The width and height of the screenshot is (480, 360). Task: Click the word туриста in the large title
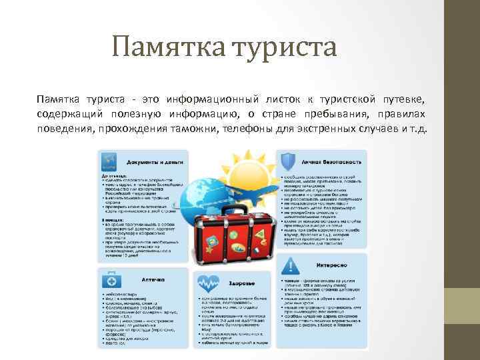283,47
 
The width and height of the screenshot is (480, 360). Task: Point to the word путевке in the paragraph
404,99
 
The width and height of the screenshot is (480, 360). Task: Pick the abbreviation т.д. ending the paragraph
421,129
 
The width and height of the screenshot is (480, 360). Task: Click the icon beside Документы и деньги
109,161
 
